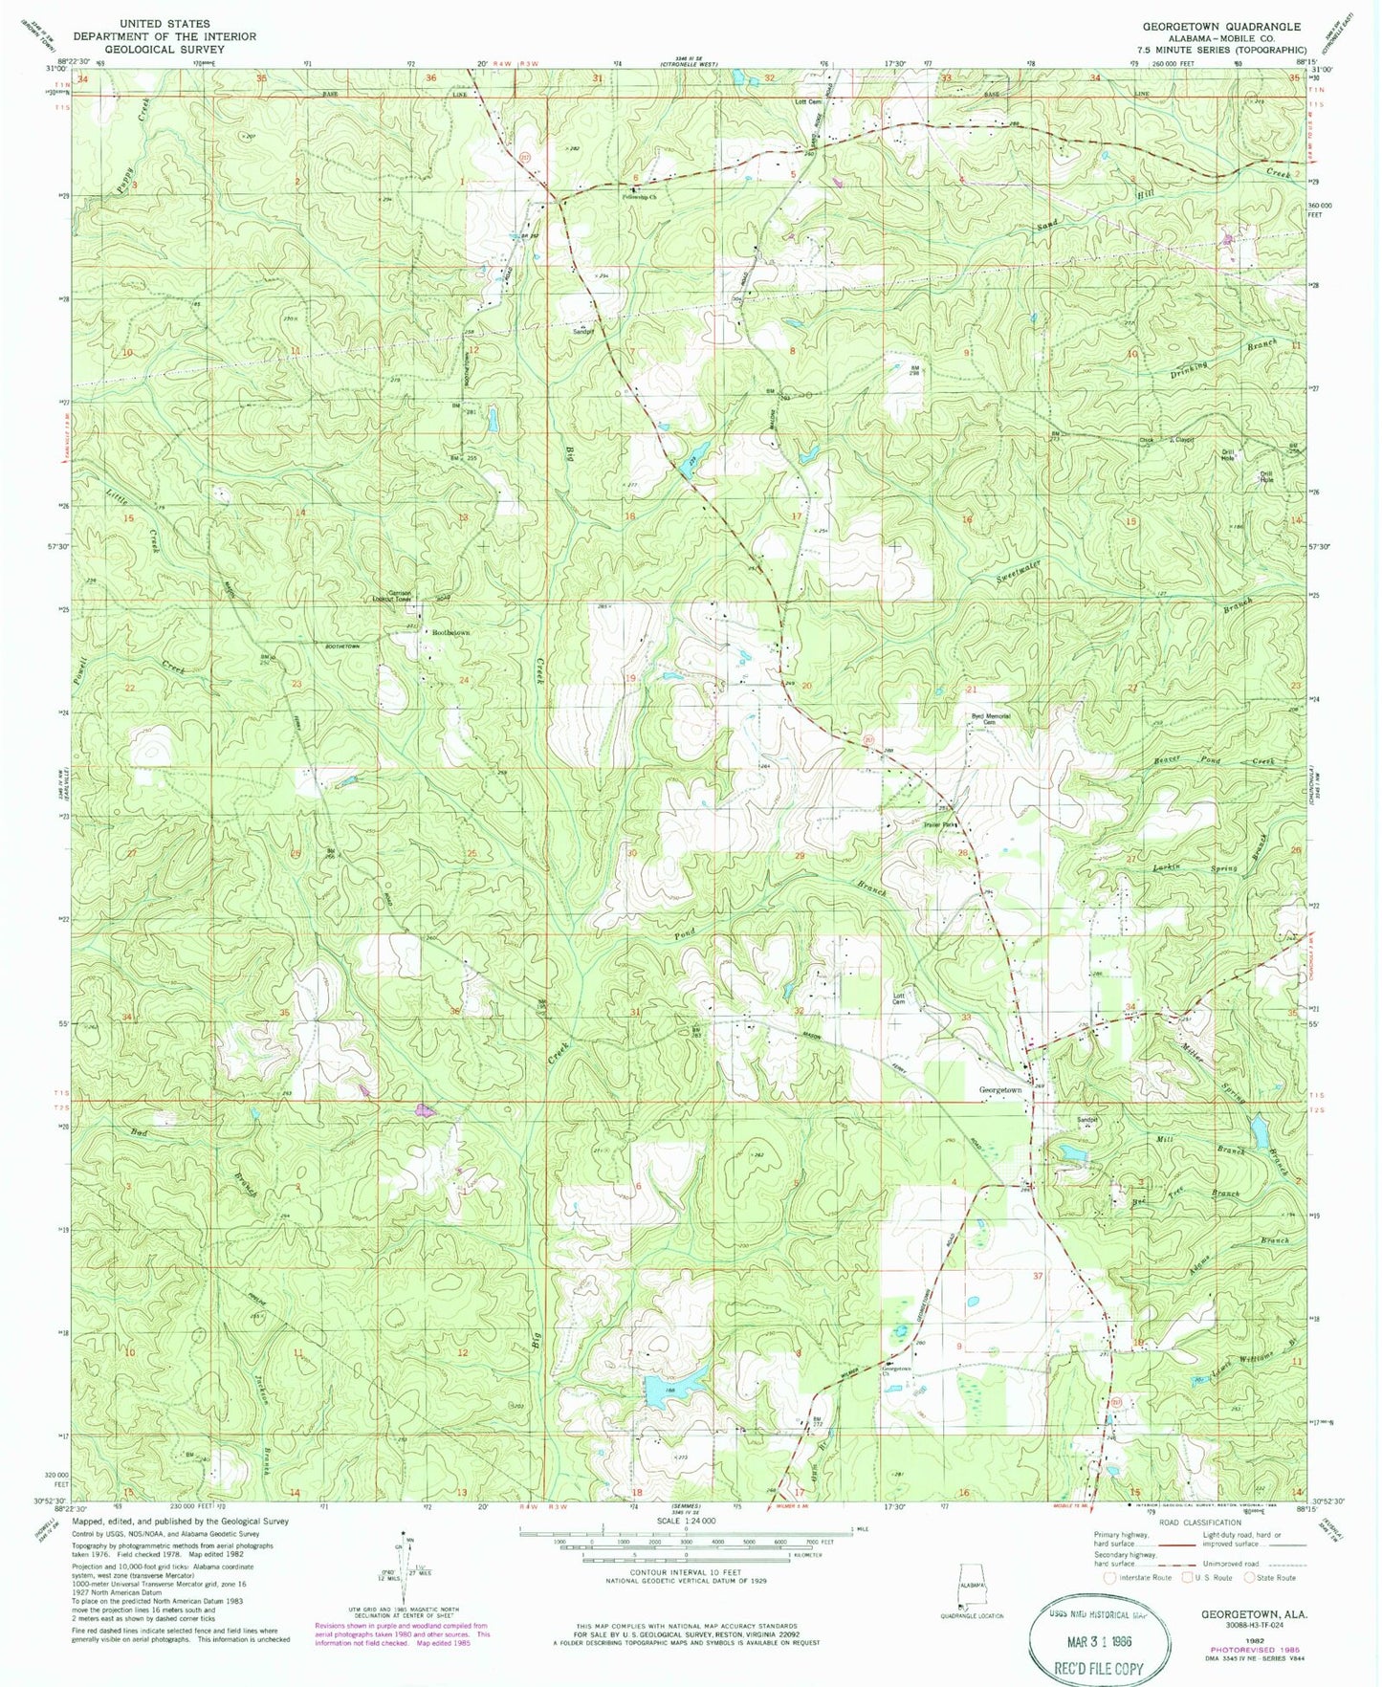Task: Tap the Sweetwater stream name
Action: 1018,572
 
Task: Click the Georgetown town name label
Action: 999,1090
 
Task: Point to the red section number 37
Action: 1037,1276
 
